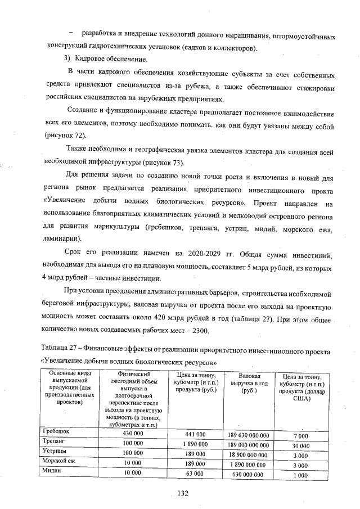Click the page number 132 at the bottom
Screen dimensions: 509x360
(x=182, y=493)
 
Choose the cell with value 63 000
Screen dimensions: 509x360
(x=195, y=474)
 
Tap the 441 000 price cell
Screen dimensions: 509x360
(x=195, y=434)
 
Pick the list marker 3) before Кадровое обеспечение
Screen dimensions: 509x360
(x=65, y=59)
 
